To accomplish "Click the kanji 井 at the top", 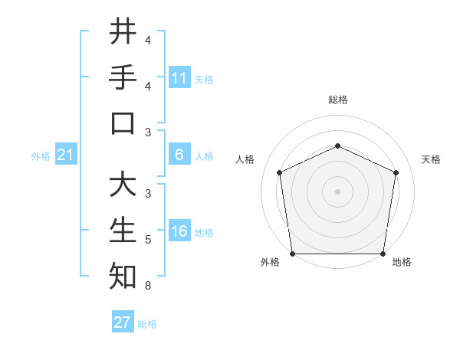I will [123, 31].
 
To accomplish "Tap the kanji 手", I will [123, 77].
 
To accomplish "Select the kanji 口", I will [123, 123].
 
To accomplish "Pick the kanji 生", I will [123, 231].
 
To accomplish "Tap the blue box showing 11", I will [179, 78].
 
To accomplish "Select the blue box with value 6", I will [179, 155].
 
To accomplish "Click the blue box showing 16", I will [179, 232].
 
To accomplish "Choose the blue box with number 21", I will [65, 155].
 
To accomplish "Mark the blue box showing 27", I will [123, 322].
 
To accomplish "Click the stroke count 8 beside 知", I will [147, 286].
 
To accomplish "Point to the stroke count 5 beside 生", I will [147, 241].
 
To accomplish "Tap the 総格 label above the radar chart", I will [337, 100].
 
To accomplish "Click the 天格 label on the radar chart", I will [431, 159].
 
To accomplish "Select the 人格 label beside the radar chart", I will [245, 159].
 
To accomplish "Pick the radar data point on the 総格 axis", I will [337, 146].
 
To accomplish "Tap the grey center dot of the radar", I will [337, 191].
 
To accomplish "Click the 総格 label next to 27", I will [148, 324].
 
